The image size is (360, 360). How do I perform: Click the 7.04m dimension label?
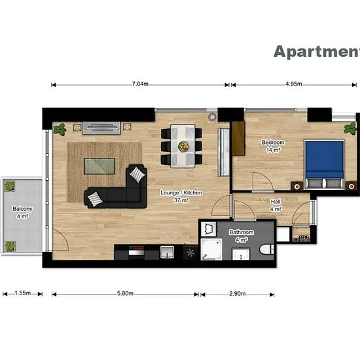point(140,84)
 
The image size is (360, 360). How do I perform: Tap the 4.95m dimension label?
point(294,84)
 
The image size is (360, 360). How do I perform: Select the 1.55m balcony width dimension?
point(22,293)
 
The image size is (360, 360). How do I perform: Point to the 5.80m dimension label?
point(125,293)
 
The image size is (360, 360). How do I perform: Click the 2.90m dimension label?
point(238,294)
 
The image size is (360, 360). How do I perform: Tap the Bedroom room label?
point(273,142)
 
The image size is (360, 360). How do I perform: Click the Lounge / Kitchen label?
point(181,192)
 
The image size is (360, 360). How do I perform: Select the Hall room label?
point(276,202)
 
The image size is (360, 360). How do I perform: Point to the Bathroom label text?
point(242,232)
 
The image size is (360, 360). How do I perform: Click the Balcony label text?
point(22,209)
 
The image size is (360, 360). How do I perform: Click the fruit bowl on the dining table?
point(183,146)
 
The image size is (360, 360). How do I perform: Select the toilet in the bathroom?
point(267,249)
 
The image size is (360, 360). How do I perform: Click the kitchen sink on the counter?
point(167,252)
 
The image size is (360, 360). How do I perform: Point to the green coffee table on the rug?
point(99,166)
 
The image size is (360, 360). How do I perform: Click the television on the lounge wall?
point(101,128)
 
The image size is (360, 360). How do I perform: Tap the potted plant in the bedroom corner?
point(351,128)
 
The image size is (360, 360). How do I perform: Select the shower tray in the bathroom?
point(211,249)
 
